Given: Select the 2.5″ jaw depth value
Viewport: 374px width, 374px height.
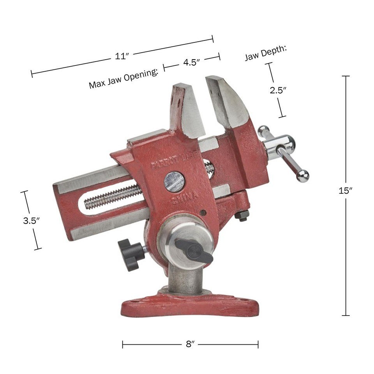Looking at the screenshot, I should [x=278, y=90].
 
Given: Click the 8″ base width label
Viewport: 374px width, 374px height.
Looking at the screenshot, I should [x=190, y=344].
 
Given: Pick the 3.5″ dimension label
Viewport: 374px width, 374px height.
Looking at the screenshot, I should [x=32, y=220].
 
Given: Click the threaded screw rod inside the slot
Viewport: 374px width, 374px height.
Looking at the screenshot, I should [x=113, y=196].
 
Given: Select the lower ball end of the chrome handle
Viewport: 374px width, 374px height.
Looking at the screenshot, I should [x=302, y=176].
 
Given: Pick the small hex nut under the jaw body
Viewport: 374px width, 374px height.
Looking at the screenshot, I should [x=243, y=215].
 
